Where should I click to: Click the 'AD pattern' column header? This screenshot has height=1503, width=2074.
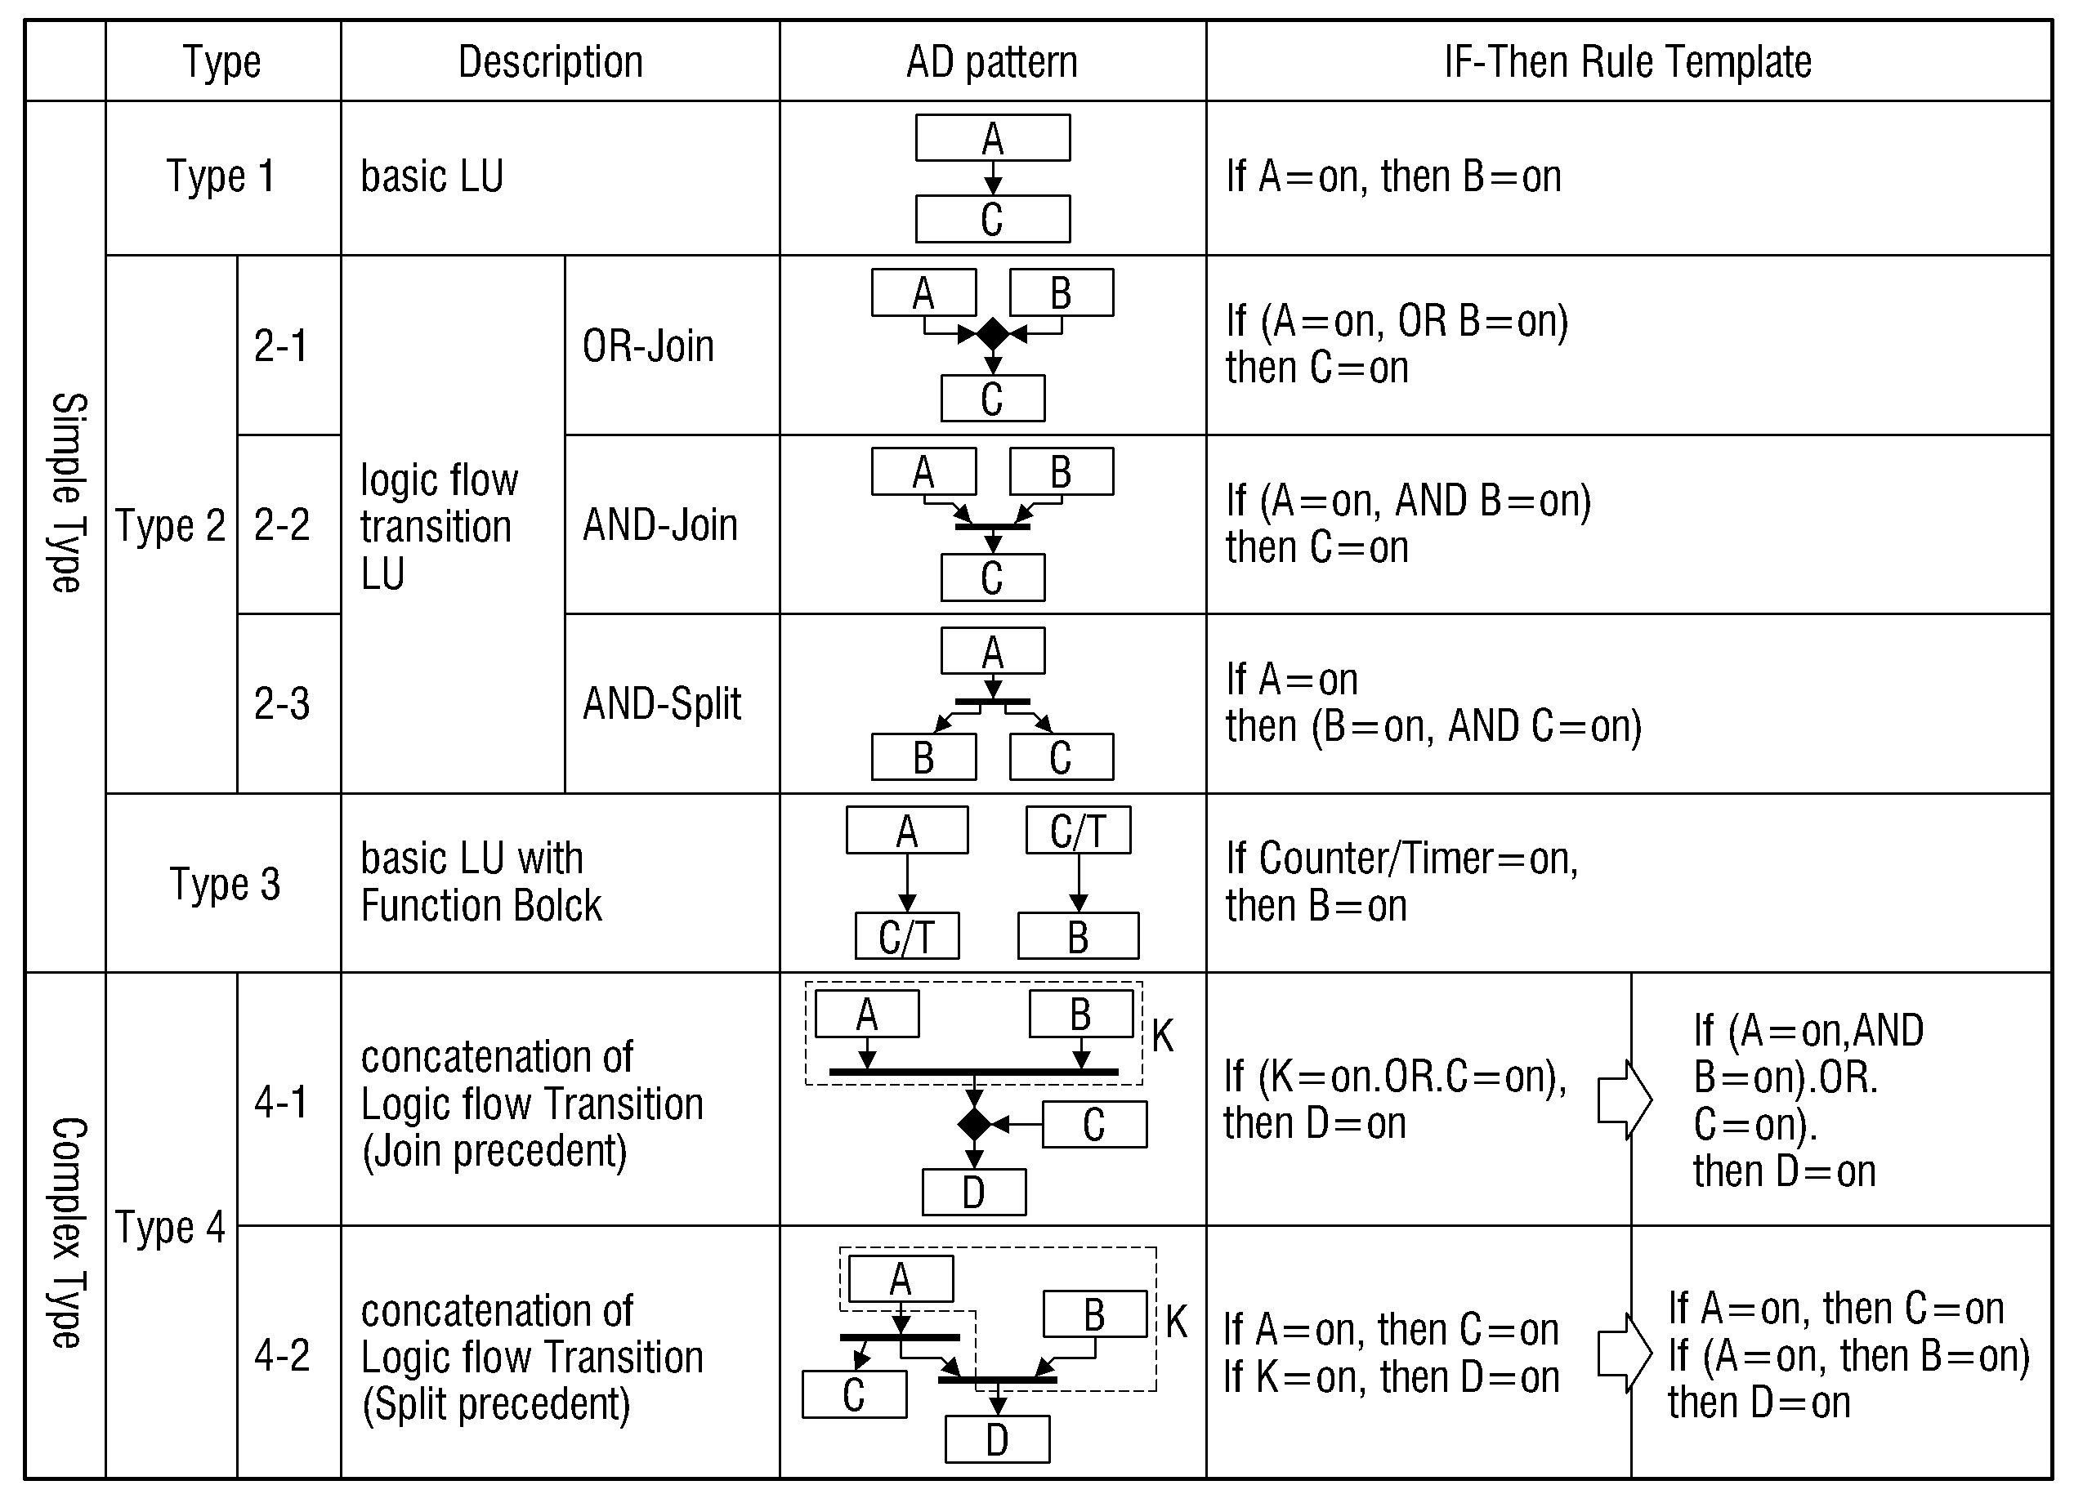(x=992, y=62)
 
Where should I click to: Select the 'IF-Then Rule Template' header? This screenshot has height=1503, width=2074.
(x=1628, y=62)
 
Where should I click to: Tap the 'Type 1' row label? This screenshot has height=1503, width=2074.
(x=221, y=176)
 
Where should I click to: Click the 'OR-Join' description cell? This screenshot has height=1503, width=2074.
(x=648, y=346)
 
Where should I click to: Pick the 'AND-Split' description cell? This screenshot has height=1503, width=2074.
(x=662, y=704)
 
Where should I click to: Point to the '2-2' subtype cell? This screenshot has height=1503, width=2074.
(x=282, y=524)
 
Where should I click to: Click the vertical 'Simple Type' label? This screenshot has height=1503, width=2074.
(x=66, y=493)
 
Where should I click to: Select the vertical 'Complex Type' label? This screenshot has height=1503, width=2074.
(x=66, y=1232)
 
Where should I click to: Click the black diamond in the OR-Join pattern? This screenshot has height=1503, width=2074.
(x=992, y=335)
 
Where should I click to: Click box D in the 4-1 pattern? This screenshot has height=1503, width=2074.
(x=974, y=1192)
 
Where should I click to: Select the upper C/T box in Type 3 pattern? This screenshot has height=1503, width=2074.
(x=1078, y=830)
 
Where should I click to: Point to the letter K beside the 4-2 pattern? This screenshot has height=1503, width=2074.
(x=1176, y=1322)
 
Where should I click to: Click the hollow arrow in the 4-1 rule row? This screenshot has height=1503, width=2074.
(x=1624, y=1099)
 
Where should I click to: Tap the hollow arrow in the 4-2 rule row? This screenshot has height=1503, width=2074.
(x=1624, y=1353)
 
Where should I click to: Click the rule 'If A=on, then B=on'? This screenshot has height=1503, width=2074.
(x=1393, y=176)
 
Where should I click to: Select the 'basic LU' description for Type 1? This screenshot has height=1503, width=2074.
(x=431, y=176)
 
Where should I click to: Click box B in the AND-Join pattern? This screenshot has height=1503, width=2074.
(x=1062, y=472)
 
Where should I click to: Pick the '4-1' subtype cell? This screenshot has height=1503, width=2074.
(x=282, y=1103)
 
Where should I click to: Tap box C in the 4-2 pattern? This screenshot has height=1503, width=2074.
(x=854, y=1394)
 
